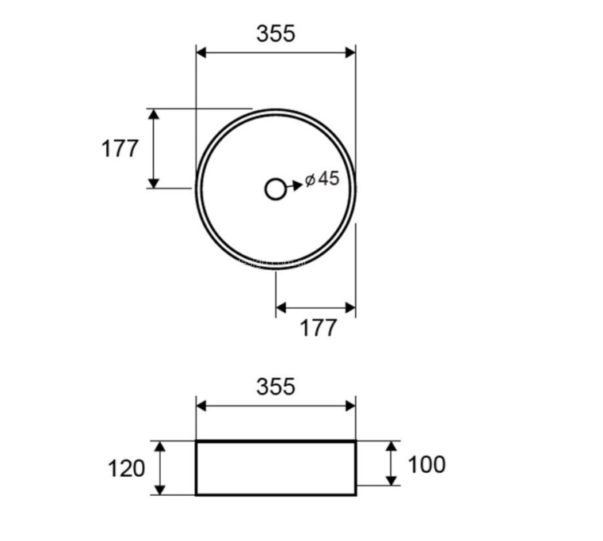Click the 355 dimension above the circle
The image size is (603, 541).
[276, 33]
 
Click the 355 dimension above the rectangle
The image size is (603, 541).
[276, 387]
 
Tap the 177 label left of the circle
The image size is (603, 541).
[119, 149]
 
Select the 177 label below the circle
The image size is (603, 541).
[318, 328]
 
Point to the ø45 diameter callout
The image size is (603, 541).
[322, 179]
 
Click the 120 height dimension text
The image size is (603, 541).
[126, 469]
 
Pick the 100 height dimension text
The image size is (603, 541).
[426, 464]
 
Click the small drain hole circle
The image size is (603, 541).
[275, 189]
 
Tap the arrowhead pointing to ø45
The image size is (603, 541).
[298, 185]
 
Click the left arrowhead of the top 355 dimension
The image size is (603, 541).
[200, 53]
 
